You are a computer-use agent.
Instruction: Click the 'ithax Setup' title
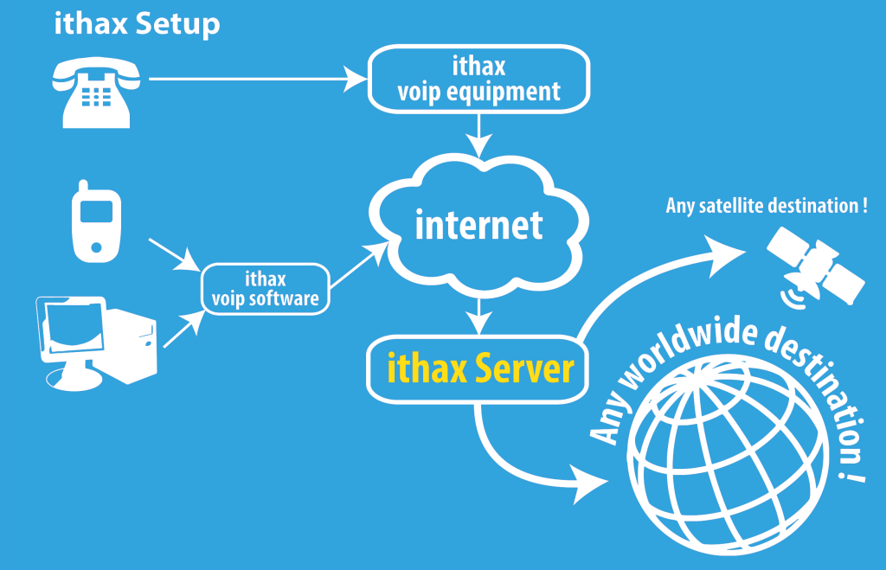point(137,25)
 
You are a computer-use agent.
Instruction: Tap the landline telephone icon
point(96,93)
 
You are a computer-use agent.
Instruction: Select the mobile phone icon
point(96,221)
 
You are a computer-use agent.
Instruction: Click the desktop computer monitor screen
point(74,327)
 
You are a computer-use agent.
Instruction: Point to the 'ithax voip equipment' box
point(478,79)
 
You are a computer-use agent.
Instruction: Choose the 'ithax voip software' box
point(266,289)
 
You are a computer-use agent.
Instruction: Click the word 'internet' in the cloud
point(478,225)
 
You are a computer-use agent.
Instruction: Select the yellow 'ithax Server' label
point(480,368)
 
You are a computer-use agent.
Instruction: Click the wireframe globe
point(728,455)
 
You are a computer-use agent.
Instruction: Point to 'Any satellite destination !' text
point(767,206)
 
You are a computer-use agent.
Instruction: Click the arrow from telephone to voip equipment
point(258,79)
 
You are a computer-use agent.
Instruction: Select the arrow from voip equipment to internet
point(478,136)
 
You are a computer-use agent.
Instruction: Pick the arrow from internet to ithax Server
point(478,317)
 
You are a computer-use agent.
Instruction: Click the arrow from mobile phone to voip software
point(175,255)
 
